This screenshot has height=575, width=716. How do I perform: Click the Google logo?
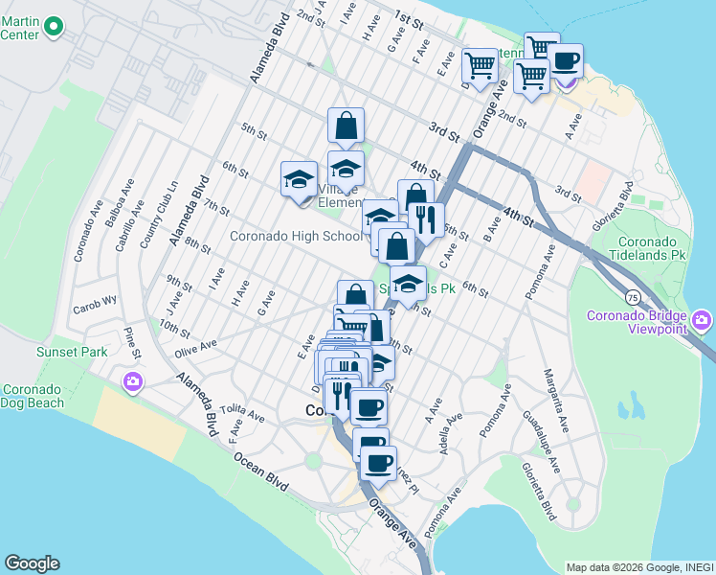pos(32,563)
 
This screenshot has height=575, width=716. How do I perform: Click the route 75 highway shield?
pos(633,298)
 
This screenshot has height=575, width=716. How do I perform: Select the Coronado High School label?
pos(295,236)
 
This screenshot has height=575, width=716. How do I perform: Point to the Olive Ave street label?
pos(195,346)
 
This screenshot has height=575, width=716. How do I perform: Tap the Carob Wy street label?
pos(93,310)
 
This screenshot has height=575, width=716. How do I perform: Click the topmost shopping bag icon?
pos(346,125)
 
